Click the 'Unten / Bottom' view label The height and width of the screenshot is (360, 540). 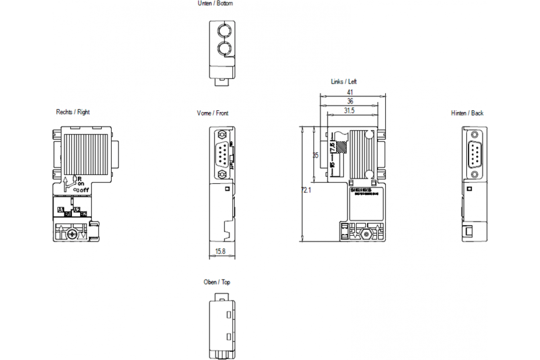tap(216, 4)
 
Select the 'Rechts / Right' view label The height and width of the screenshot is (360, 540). tap(72, 112)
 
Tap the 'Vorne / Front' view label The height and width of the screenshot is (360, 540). tap(212, 113)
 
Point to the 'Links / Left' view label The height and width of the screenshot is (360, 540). tap(344, 82)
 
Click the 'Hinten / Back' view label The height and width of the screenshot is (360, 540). tap(467, 113)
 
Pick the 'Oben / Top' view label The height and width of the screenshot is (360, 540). tap(216, 282)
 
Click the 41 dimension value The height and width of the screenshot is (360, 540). tap(350, 92)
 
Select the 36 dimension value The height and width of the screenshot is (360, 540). tap(350, 102)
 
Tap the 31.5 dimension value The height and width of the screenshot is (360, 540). tap(350, 111)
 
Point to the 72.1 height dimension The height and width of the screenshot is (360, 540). tap(306, 190)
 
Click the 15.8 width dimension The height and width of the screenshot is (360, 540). tap(220, 251)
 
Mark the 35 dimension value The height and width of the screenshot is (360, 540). tap(315, 155)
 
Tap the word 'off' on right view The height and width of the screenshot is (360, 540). tap(84, 190)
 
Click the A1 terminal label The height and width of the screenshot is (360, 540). tap(61, 209)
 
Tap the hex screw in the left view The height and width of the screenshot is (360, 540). tap(365, 234)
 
